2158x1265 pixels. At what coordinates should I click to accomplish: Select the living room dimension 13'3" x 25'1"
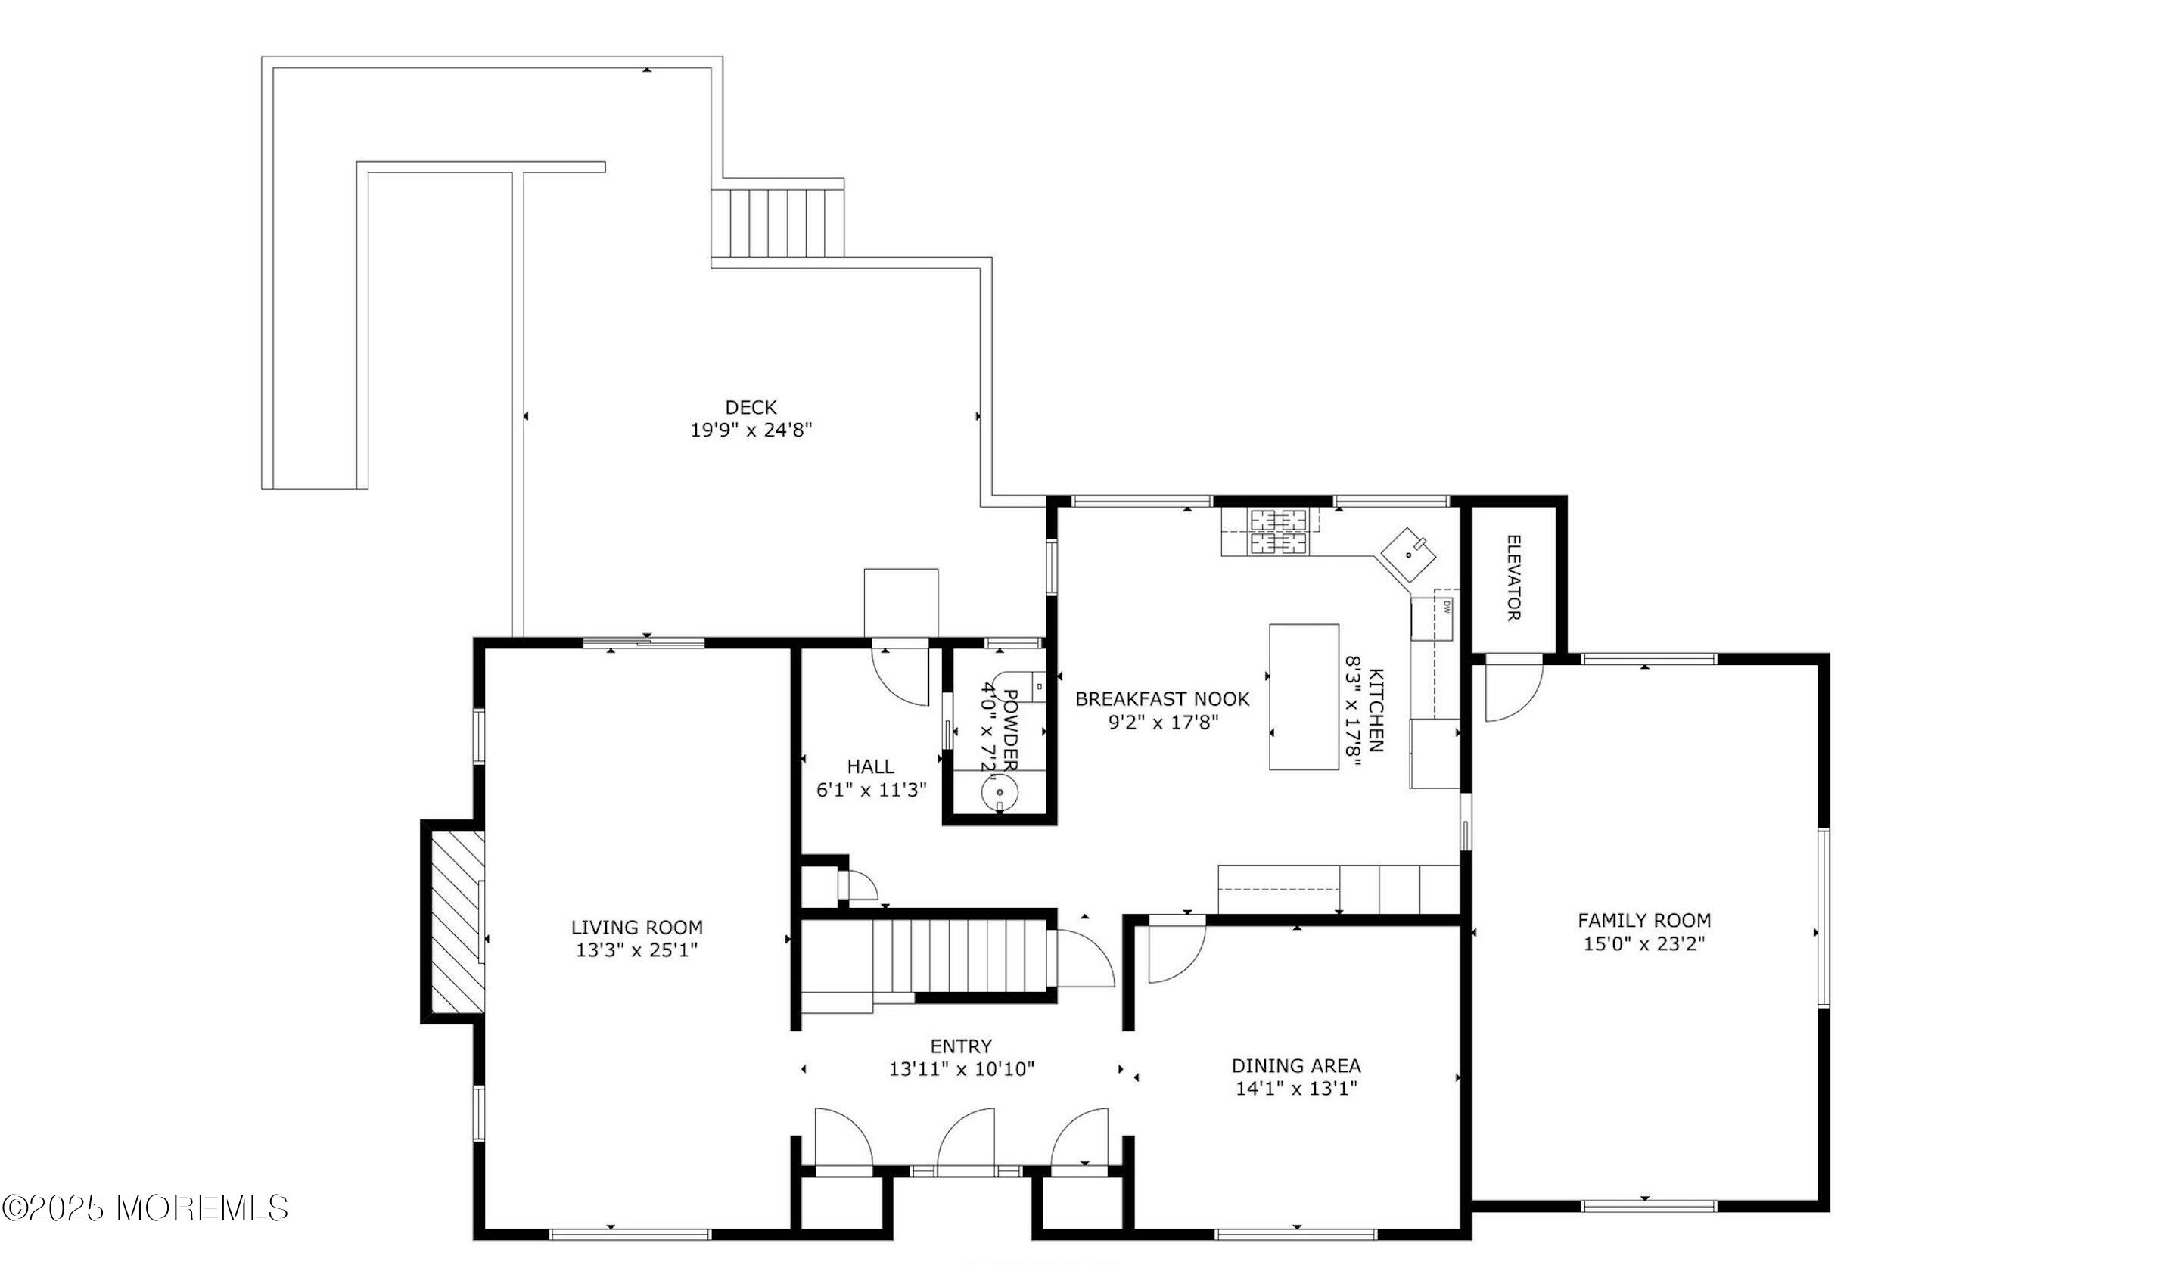636,950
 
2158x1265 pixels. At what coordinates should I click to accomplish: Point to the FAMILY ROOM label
1643,920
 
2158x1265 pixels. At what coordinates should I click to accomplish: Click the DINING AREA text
1295,1065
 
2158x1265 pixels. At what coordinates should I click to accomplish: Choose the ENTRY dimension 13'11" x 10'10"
961,1069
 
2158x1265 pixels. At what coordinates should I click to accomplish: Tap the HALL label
870,766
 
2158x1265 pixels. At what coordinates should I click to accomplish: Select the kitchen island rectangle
1304,696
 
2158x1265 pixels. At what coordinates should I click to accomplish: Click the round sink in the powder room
1000,794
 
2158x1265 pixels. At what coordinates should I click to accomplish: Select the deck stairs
776,222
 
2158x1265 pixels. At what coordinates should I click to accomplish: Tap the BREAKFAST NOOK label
1161,699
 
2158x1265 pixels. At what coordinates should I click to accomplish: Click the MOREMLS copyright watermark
145,1207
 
